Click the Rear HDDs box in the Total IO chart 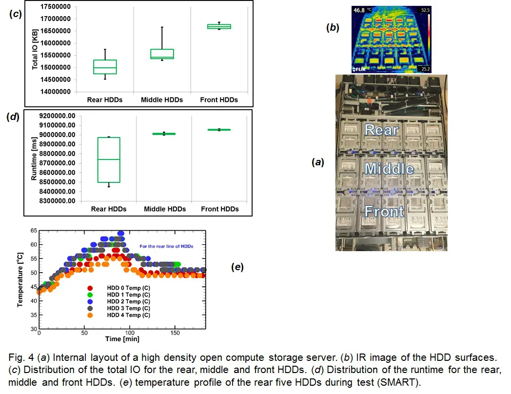coord(105,67)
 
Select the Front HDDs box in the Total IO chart coord(219,26)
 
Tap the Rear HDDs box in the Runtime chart coord(109,160)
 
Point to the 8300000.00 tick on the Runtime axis coord(58,201)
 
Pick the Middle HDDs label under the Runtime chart coord(165,209)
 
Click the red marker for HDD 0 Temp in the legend coord(90,288)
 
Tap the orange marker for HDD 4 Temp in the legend coord(90,315)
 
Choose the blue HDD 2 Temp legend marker coord(90,301)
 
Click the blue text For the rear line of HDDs coord(166,246)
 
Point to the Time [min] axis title coord(122,339)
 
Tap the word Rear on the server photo coord(381,130)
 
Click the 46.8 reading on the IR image coord(358,9)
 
